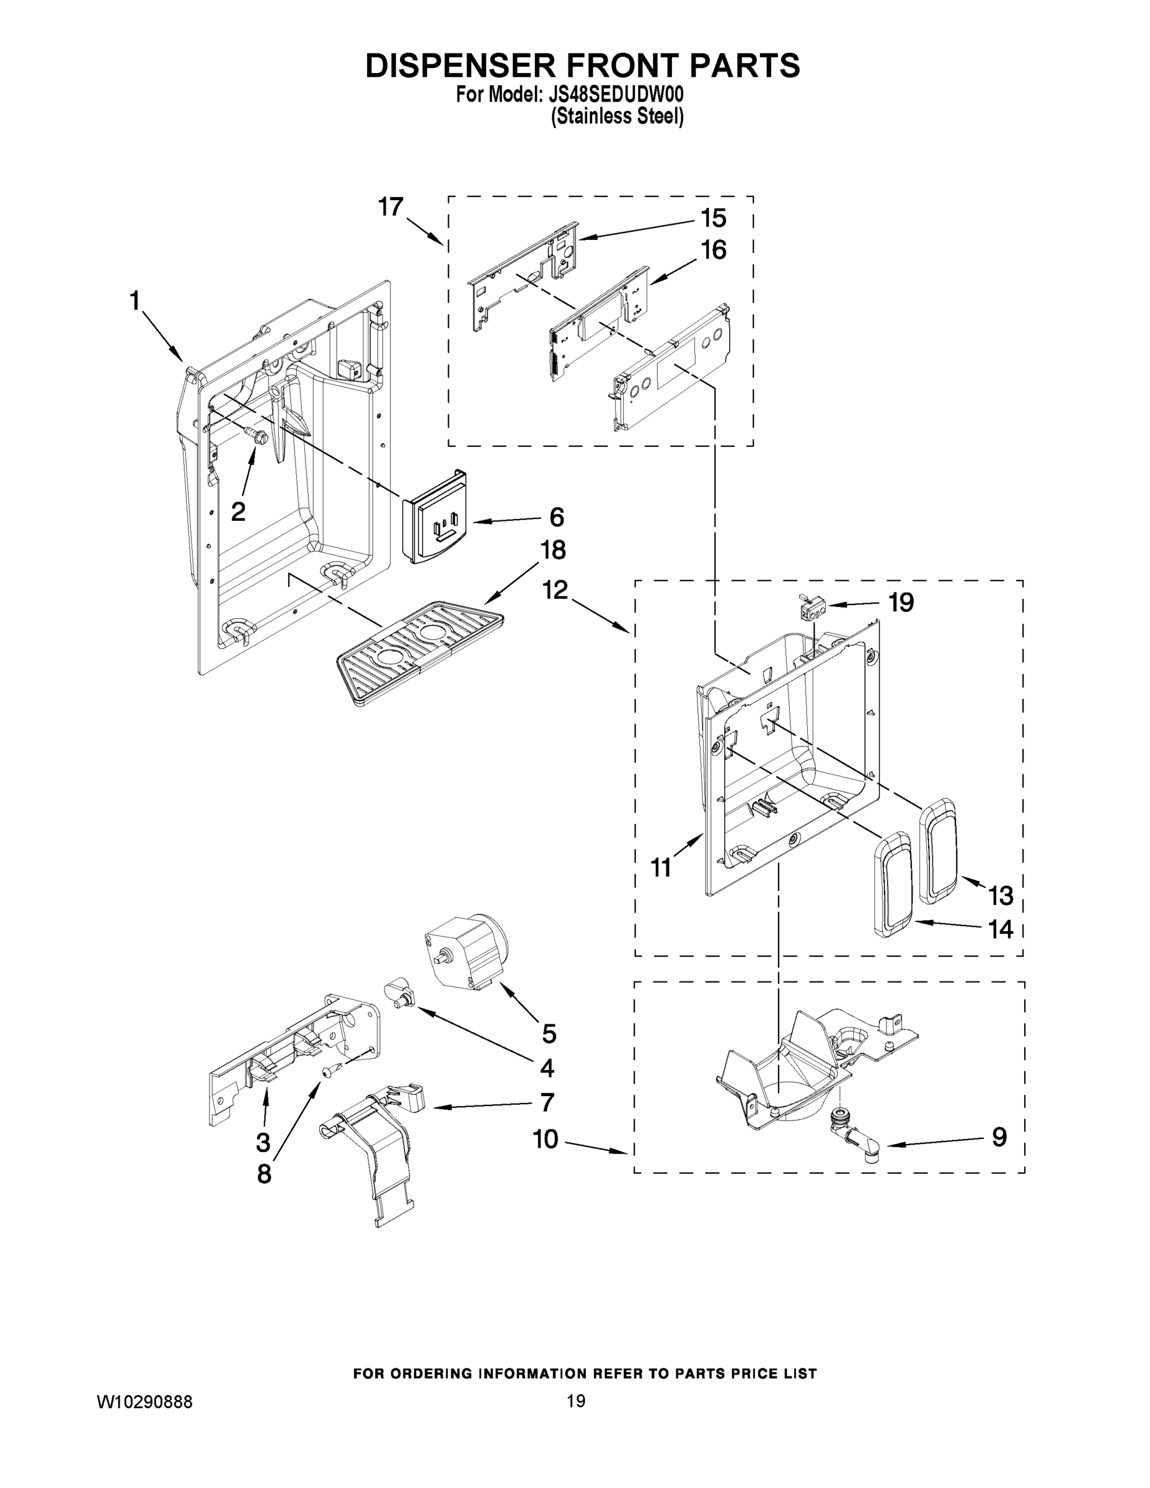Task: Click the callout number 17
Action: point(391,206)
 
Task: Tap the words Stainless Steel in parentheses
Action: point(617,117)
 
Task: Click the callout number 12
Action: point(555,590)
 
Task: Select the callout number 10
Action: point(546,1138)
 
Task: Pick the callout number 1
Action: point(135,301)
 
